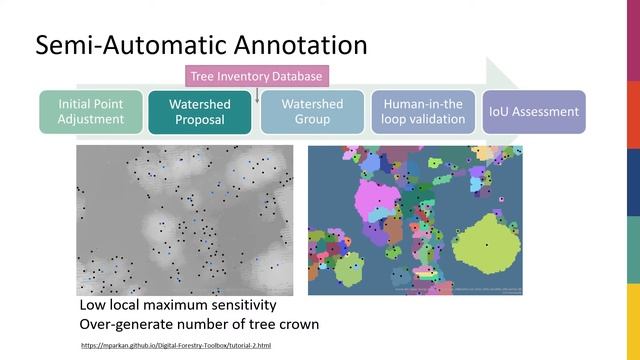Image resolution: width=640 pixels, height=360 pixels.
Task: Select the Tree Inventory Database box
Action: tap(257, 75)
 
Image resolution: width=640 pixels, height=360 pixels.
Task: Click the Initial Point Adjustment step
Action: tap(91, 112)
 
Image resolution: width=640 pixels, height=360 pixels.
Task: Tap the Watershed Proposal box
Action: tap(200, 112)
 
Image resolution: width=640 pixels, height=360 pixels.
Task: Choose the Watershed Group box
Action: tap(312, 112)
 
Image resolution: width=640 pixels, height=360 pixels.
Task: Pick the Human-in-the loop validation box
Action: tap(423, 112)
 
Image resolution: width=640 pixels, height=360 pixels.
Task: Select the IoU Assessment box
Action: tap(533, 112)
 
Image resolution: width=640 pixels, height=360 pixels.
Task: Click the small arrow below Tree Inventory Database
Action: tap(257, 95)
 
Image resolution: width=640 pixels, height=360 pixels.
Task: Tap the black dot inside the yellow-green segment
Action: tap(486, 244)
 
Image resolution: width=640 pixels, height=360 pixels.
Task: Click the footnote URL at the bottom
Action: tap(175, 345)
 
